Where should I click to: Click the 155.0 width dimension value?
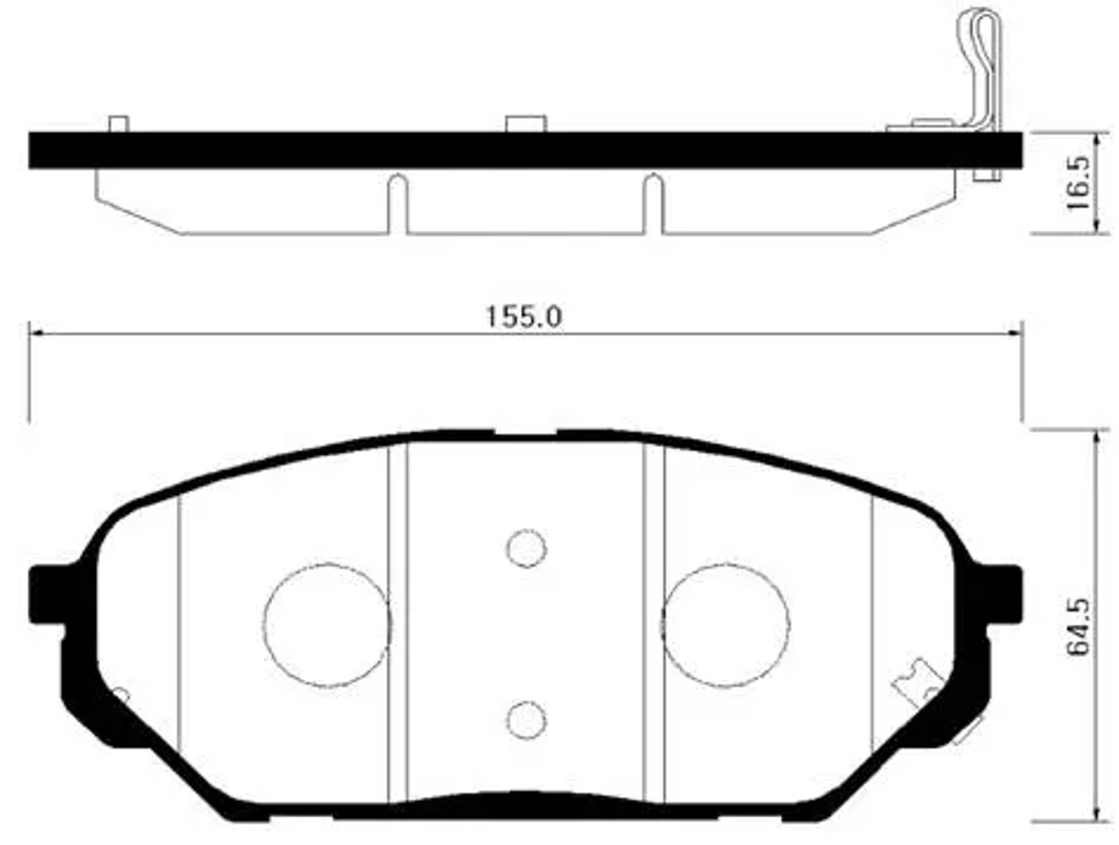tap(523, 317)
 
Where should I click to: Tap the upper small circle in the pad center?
tap(526, 548)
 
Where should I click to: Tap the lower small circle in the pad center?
tap(526, 720)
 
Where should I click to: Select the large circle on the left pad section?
tap(326, 625)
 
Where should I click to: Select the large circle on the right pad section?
tap(725, 625)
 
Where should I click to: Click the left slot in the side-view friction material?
tap(398, 204)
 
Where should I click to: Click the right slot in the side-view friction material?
tap(653, 204)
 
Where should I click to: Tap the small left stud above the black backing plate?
tap(119, 125)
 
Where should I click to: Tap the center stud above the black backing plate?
tap(526, 124)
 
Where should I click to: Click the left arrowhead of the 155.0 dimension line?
tap(34, 334)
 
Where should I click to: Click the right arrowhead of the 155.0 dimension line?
tap(1017, 334)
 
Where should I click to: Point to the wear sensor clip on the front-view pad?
tap(918, 684)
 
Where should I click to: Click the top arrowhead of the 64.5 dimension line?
tap(1097, 435)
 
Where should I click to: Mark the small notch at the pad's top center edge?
tap(525, 434)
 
